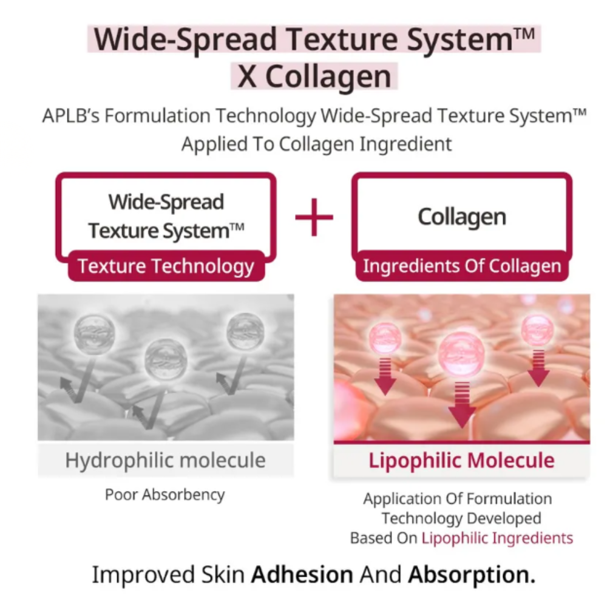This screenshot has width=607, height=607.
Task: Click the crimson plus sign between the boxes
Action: click(314, 217)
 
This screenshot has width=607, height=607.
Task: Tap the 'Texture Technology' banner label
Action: click(166, 266)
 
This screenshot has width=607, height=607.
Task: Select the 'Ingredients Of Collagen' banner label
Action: click(462, 266)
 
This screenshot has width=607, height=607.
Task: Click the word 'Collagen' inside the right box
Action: click(462, 217)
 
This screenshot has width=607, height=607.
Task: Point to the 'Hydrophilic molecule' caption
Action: click(165, 460)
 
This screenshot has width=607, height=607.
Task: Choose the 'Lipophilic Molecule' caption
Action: click(461, 460)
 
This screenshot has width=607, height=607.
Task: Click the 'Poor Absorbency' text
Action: click(165, 494)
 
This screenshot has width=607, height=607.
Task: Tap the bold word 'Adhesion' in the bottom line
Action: click(302, 574)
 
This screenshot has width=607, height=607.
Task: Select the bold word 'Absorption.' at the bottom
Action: click(472, 574)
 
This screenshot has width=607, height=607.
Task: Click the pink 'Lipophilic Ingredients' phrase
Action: click(498, 538)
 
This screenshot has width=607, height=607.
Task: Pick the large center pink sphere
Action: click(461, 354)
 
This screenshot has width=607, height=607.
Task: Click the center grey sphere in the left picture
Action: click(166, 359)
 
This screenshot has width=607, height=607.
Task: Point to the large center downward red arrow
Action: click(462, 405)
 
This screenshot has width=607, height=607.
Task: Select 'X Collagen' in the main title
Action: click(314, 76)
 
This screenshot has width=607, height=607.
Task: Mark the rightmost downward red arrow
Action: click(538, 368)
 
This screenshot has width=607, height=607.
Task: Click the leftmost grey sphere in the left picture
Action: click(94, 334)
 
